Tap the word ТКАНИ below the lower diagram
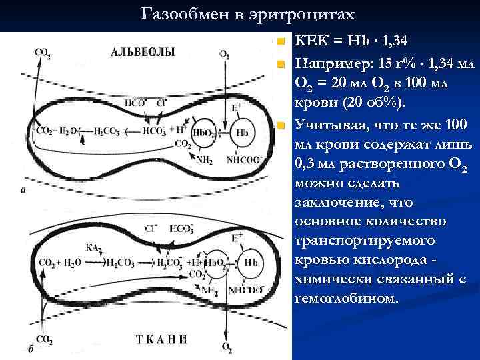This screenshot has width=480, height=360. [x=161, y=339]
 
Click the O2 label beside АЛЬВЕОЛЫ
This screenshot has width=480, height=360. [x=225, y=53]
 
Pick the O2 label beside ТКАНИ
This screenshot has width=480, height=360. [x=227, y=347]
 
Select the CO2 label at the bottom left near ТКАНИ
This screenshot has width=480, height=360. [x=45, y=340]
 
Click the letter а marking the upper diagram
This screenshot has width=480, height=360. [x=24, y=190]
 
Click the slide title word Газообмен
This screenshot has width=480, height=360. [x=179, y=15]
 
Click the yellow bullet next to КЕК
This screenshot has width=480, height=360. [x=282, y=42]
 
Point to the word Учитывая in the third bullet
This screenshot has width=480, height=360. [x=327, y=124]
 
